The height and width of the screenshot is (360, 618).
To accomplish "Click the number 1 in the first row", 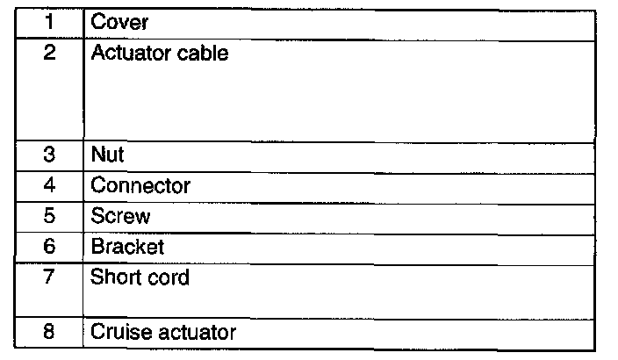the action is tap(49, 22).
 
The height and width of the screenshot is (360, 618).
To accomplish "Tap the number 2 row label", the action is tap(49, 54).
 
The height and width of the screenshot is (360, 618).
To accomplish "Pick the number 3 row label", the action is tap(49, 155).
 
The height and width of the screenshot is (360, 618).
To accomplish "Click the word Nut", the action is tap(108, 155).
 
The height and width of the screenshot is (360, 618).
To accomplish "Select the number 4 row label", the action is tap(49, 186).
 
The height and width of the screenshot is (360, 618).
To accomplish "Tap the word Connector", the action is tap(140, 186).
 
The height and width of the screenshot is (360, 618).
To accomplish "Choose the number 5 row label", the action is tap(49, 216).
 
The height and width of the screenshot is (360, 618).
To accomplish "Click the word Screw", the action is tap(121, 216).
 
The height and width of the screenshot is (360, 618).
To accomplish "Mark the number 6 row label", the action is tap(49, 247).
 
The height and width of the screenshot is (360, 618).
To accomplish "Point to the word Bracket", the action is tap(127, 247).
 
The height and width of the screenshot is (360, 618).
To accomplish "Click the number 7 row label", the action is tap(49, 277).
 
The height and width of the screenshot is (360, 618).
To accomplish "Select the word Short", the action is tap(115, 277).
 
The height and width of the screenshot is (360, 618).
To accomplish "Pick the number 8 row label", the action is tap(49, 332).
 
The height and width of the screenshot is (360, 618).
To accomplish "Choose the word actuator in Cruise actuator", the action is tap(196, 332).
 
